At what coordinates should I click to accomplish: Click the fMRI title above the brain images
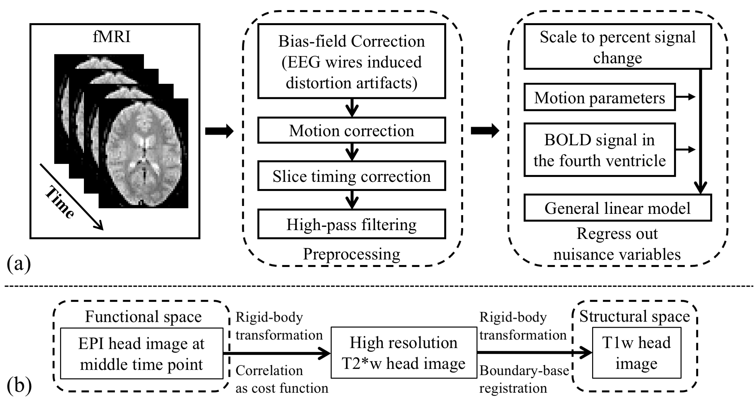[x=112, y=37]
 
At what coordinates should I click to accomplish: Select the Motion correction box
[x=352, y=131]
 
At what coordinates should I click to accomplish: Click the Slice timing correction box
[x=352, y=176]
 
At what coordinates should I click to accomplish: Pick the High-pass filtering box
[x=352, y=225]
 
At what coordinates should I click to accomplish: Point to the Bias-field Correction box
[x=352, y=61]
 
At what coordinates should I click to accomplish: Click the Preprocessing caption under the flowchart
[x=352, y=254]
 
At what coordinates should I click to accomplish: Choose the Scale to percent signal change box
[x=617, y=47]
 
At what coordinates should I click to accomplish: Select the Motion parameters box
[x=599, y=98]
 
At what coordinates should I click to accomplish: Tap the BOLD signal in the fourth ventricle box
[x=599, y=150]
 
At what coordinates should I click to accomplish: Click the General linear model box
[x=617, y=208]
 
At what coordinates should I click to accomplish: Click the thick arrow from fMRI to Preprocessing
[x=219, y=132]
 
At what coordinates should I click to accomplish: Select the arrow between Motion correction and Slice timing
[x=352, y=152]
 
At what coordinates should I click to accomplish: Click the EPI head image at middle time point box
[x=141, y=354]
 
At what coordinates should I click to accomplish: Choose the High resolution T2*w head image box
[x=403, y=353]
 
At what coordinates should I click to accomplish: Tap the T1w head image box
[x=636, y=353]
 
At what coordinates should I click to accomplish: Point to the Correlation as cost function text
[x=281, y=379]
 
